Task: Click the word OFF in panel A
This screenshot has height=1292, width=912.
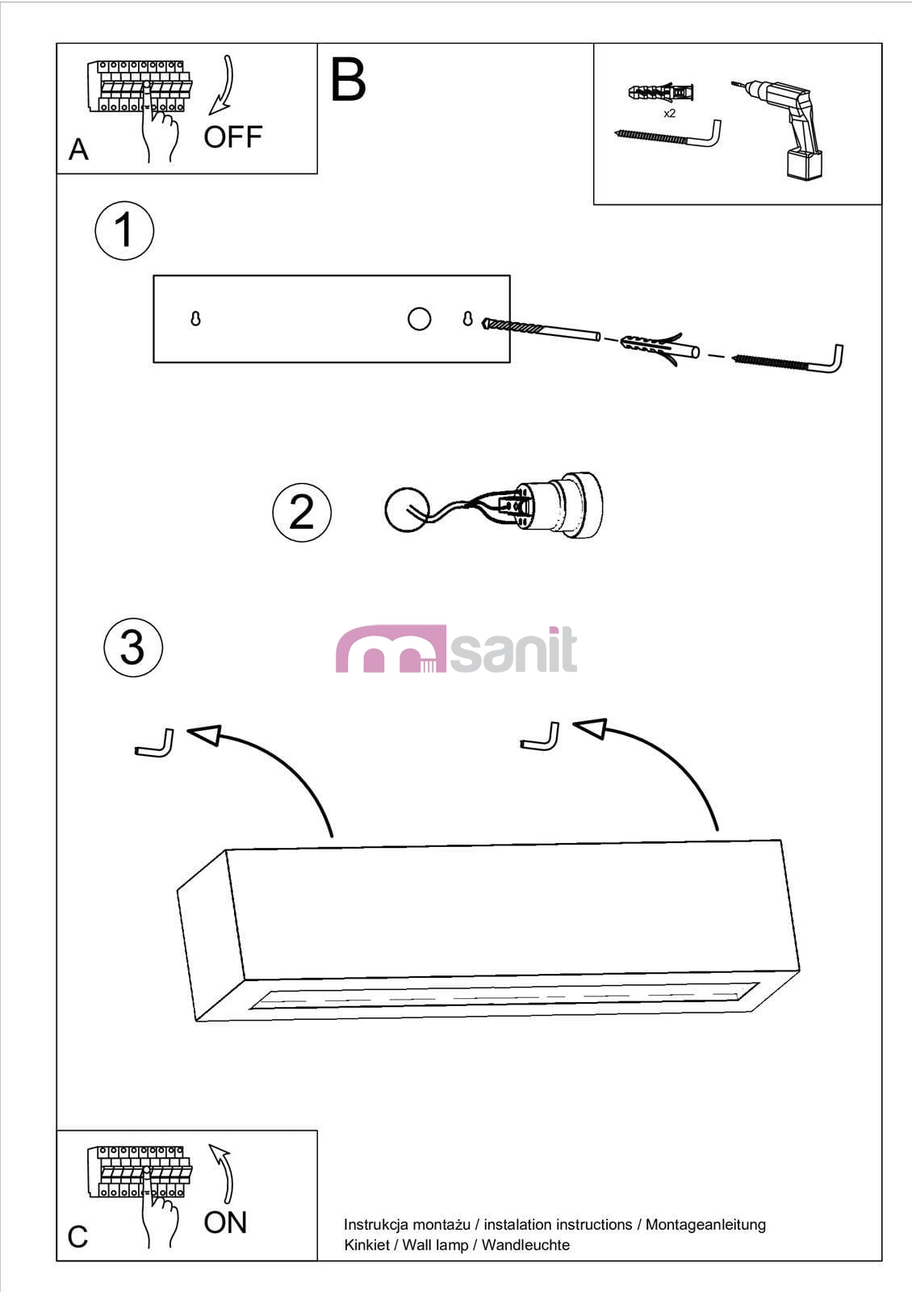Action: click(x=233, y=137)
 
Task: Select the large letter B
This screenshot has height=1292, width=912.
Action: click(x=348, y=79)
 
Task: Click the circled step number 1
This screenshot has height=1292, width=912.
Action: click(x=124, y=230)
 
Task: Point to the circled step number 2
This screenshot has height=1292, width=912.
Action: click(x=302, y=512)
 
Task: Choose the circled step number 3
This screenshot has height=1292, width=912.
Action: click(x=133, y=647)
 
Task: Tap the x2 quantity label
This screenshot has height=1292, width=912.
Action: click(x=669, y=114)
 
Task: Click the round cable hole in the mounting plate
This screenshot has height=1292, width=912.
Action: click(x=419, y=319)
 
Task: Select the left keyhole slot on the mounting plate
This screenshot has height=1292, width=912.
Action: click(x=195, y=318)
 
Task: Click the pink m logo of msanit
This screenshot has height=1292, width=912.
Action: click(x=391, y=648)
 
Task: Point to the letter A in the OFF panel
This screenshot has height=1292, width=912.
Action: click(x=79, y=149)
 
